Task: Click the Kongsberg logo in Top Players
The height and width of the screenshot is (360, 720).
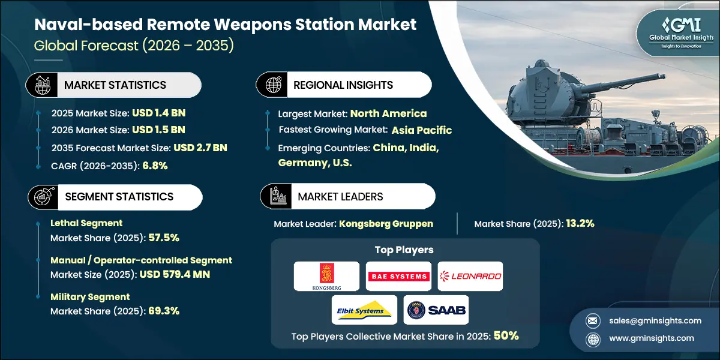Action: point(326,276)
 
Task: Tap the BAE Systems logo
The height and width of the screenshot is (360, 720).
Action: point(398,276)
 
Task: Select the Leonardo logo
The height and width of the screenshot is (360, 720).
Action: point(470,276)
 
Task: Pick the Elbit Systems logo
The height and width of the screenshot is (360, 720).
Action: point(364,310)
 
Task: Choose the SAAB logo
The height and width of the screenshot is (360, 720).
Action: point(436,310)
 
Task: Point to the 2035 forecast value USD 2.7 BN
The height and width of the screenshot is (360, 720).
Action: point(200,148)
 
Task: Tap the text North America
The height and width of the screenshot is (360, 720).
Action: point(388,113)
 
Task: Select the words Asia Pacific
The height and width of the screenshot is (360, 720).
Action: point(422,130)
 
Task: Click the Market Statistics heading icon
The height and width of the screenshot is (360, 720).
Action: point(42,85)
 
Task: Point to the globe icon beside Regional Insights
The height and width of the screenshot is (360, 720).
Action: point(273,85)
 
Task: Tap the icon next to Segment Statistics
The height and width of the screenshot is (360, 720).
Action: point(42,196)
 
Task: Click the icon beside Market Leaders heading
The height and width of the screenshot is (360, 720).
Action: point(278,196)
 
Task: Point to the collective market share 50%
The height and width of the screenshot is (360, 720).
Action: point(506,336)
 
